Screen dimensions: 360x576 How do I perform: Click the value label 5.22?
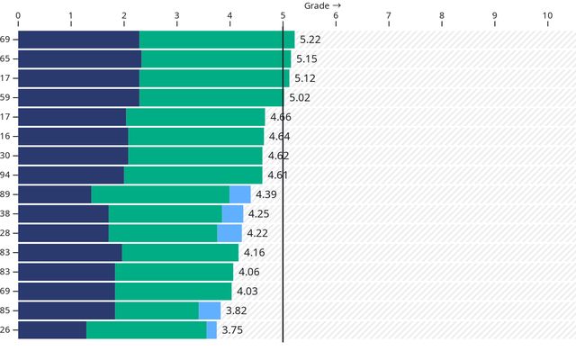(310, 40)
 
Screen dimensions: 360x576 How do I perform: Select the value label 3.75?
(232, 330)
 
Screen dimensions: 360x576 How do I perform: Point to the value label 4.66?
(280, 117)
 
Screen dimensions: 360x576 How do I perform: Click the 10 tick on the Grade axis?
(547, 16)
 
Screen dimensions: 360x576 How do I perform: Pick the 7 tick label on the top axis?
(389, 16)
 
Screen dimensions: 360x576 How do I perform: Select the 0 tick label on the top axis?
(18, 16)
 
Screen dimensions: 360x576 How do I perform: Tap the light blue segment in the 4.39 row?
(240, 194)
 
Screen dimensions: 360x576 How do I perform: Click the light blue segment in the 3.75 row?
(211, 330)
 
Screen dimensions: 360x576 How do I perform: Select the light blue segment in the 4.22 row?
(229, 233)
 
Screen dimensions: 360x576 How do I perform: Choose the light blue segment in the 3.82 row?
(210, 310)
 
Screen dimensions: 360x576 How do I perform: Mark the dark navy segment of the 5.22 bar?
(78, 40)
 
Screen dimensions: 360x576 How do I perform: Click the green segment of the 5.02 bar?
(211, 97)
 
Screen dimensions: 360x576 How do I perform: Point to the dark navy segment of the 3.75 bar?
(52, 330)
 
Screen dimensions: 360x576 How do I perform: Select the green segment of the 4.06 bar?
(174, 272)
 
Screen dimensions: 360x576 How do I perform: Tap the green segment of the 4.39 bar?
(160, 194)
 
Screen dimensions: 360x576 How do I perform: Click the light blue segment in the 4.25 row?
(232, 213)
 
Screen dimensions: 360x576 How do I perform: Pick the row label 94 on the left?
(5, 175)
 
